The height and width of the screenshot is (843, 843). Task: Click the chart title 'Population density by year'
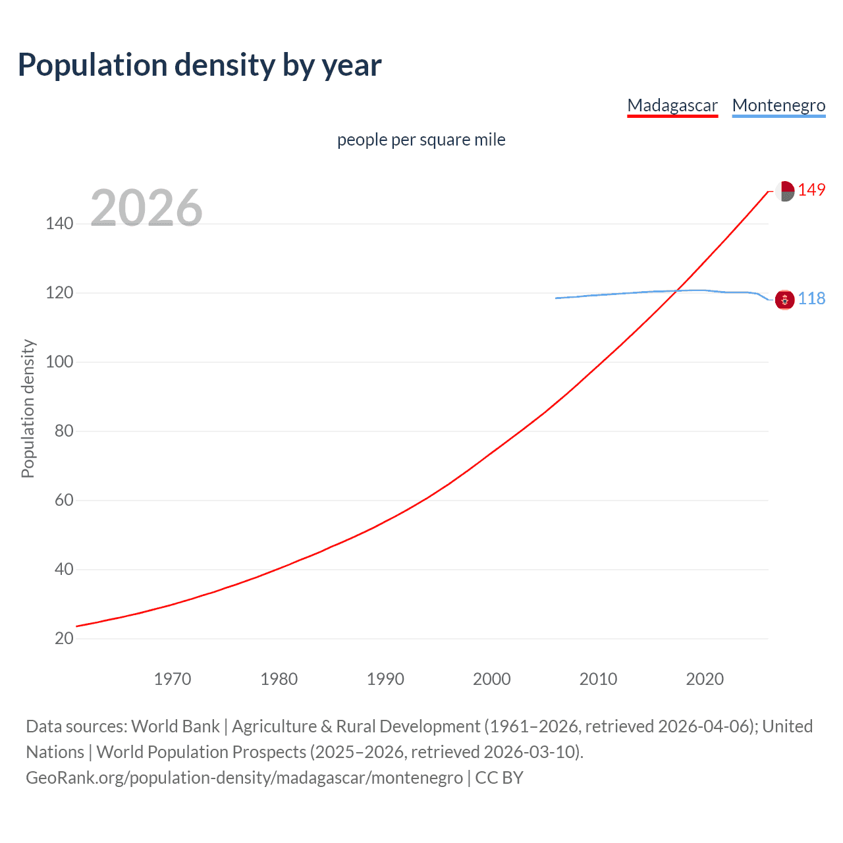pos(200,65)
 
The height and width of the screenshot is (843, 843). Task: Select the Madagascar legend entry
pos(672,105)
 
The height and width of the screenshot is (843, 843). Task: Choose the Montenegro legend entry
pos(778,105)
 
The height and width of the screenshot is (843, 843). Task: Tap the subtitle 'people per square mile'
pos(421,140)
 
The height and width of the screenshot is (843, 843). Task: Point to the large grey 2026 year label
pos(146,208)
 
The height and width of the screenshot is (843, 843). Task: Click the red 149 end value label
pos(811,190)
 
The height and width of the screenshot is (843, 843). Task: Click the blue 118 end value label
pos(811,299)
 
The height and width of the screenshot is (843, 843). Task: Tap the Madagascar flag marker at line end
pos(784,191)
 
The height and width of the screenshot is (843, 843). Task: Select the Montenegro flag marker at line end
pos(784,300)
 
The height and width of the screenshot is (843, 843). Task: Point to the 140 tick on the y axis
pos(59,224)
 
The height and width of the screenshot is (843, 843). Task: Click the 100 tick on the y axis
pos(59,362)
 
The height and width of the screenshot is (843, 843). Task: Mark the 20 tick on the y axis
pos(64,638)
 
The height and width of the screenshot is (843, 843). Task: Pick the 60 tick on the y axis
pos(64,501)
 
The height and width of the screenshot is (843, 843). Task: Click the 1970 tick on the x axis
pos(173,679)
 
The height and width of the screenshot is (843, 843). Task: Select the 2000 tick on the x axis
pos(492,679)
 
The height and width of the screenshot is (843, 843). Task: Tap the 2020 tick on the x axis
pos(705,679)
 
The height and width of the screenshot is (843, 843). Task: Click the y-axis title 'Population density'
pos(28,408)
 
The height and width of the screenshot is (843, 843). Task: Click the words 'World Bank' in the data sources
pos(175,726)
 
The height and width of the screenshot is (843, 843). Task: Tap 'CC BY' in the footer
pos(499,778)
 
